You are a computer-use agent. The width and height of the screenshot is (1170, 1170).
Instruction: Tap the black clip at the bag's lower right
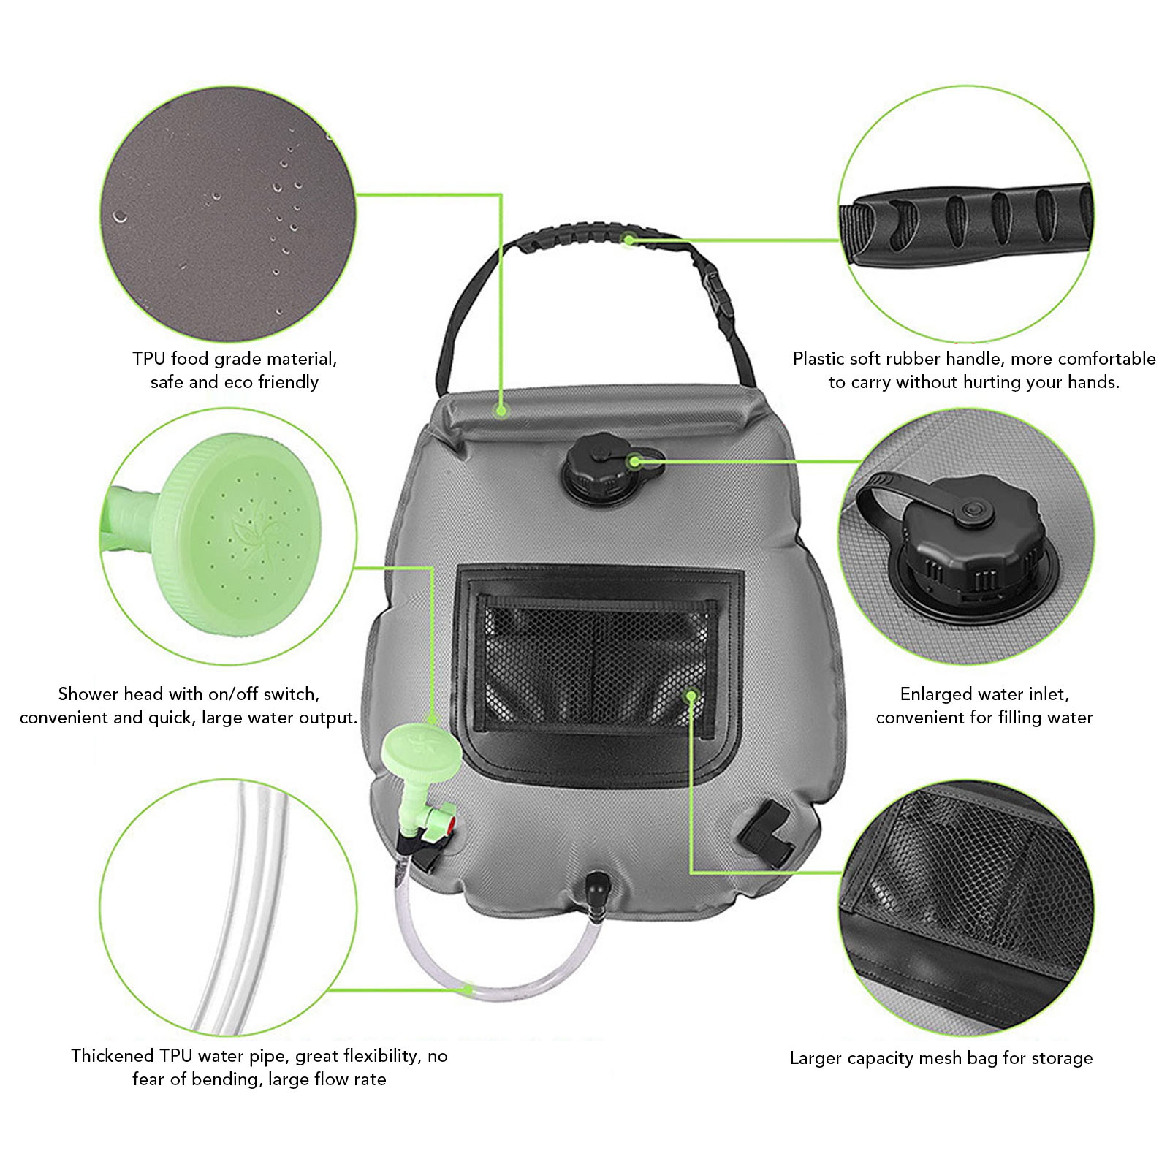767,833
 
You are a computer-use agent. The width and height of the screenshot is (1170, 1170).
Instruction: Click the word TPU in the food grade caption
149,359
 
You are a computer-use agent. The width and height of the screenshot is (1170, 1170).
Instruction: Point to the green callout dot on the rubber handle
628,239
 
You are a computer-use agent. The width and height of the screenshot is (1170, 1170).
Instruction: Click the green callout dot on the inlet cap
634,461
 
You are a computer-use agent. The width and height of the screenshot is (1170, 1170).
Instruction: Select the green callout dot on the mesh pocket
691,695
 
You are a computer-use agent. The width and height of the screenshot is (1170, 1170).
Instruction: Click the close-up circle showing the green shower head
229,537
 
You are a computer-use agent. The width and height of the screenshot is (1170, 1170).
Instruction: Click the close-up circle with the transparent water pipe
229,907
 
